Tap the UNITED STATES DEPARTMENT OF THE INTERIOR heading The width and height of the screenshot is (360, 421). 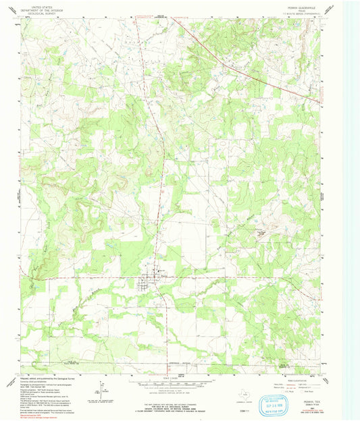37,7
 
